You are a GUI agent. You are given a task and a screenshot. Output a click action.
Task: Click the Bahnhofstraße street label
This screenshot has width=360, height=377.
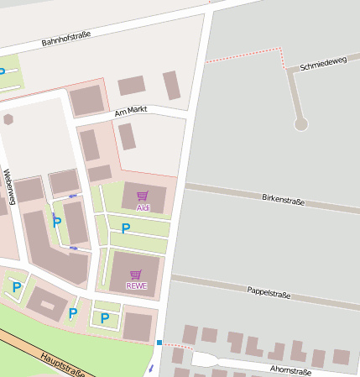66,38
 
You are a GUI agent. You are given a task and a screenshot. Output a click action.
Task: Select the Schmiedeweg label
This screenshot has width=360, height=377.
323,64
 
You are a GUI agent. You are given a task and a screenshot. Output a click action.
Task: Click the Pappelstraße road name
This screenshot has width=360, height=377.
269,293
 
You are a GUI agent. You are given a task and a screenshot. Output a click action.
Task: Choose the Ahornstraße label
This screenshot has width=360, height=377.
290,369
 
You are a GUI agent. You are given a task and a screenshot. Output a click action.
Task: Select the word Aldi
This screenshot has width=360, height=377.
143,207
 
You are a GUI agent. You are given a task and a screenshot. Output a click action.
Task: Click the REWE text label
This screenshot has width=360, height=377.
136,285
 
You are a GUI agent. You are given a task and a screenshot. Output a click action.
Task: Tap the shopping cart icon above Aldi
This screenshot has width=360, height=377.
143,196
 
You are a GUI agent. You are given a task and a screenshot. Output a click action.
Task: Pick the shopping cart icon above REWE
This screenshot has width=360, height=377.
136,275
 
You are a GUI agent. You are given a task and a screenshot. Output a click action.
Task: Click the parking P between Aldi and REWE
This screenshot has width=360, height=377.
126,228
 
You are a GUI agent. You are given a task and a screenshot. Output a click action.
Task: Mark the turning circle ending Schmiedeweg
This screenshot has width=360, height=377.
301,124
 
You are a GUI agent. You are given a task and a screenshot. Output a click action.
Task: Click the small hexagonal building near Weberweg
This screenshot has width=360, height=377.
8,119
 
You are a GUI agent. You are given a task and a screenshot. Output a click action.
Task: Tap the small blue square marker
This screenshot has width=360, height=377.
159,342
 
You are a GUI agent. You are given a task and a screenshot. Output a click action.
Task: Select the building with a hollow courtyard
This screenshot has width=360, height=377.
45,304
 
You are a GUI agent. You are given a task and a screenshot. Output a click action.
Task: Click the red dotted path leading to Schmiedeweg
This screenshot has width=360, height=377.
243,56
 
